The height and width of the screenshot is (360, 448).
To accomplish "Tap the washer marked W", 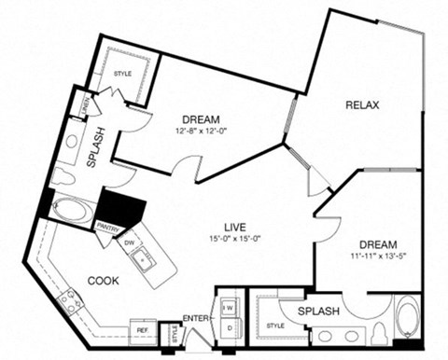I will point(228,305).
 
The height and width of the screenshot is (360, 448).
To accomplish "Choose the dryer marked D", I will point(228,327).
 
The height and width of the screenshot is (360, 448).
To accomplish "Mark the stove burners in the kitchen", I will point(68,300).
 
